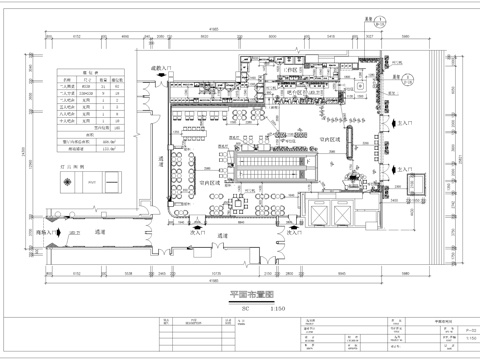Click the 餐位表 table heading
tap(89, 76)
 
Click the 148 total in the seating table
tap(118, 129)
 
